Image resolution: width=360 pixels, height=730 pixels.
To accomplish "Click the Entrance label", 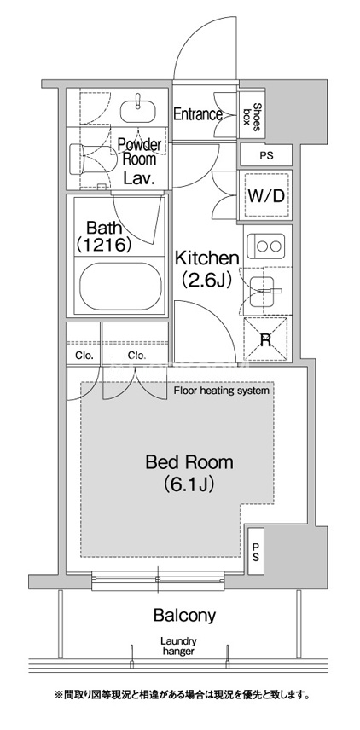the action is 197,114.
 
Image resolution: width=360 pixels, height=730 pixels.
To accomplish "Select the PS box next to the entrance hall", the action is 266,155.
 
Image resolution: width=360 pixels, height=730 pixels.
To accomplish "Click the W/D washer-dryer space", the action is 265,196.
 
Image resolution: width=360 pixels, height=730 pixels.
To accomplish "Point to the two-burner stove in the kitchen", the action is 267,246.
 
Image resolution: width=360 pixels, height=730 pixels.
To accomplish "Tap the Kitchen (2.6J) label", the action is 206,268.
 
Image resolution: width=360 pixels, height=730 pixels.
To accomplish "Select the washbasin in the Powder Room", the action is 138,109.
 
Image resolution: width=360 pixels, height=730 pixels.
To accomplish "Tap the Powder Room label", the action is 139,152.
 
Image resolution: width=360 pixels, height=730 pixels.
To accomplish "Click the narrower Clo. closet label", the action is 84,356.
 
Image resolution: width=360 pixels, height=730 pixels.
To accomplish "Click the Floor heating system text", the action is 222,391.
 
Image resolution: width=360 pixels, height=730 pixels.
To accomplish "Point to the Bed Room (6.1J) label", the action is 189,473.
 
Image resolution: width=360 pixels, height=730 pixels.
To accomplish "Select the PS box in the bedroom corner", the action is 256,551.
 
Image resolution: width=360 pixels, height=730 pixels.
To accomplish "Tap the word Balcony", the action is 184,615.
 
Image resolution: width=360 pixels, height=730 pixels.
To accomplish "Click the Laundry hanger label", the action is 178,646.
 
